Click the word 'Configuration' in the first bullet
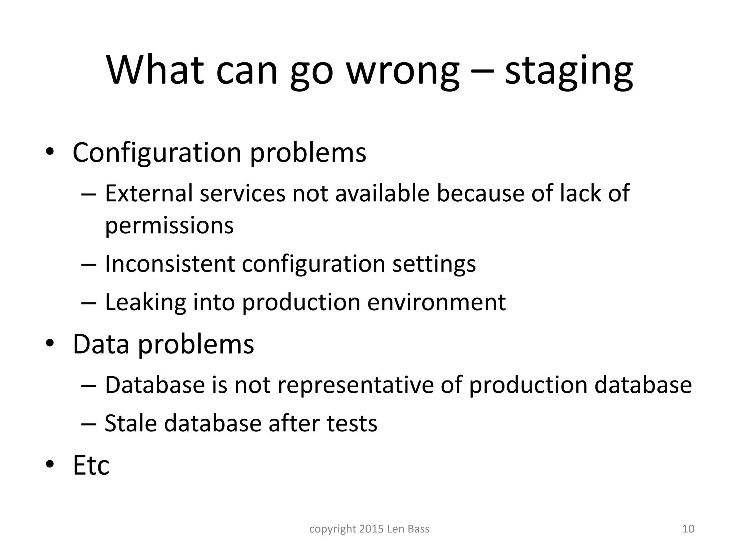[x=157, y=153]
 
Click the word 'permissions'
[x=169, y=225]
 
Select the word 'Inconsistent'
[x=170, y=264]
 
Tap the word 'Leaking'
[x=145, y=302]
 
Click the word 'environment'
[x=436, y=302]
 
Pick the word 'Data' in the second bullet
[x=101, y=344]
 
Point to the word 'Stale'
[x=131, y=423]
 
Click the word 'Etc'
[x=91, y=465]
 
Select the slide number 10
[x=688, y=529]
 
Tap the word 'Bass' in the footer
[x=419, y=529]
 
